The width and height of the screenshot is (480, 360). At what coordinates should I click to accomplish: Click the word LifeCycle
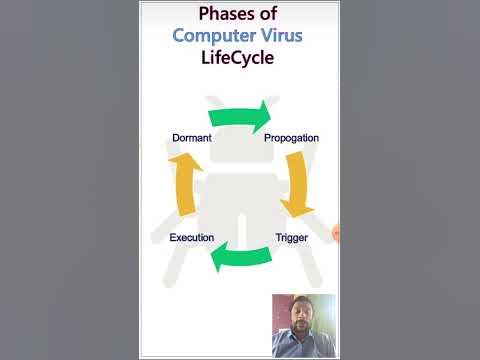tap(240, 58)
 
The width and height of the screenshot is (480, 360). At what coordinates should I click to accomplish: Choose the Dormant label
tap(191, 137)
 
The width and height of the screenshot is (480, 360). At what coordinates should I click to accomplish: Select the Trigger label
tap(291, 238)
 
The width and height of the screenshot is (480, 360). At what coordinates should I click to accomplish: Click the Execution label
tap(191, 238)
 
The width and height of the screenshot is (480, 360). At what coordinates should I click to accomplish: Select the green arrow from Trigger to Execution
tap(241, 258)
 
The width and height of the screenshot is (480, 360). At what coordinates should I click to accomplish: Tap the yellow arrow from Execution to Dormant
tap(182, 186)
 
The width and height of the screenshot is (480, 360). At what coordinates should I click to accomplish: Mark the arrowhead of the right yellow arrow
tap(292, 208)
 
